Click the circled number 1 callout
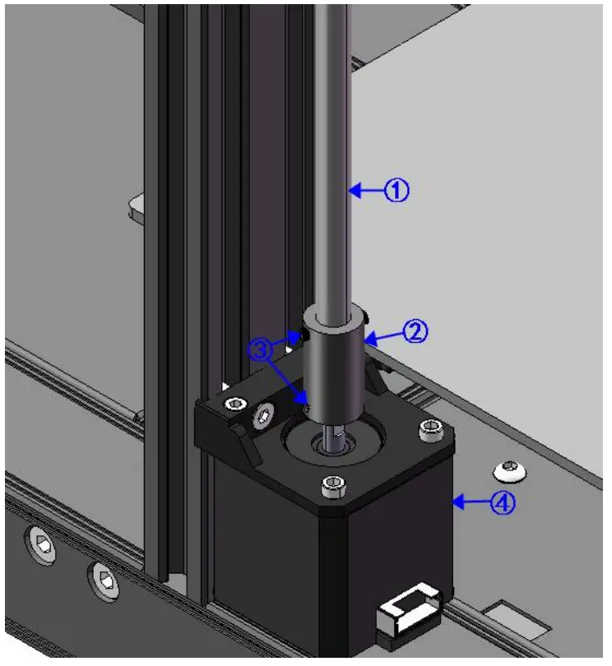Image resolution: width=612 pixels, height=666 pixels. coord(397,191)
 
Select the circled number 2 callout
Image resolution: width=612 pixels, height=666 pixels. coord(416,332)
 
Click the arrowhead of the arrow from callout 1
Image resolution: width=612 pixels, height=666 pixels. coord(352,191)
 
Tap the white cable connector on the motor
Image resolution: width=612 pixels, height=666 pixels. coord(409,612)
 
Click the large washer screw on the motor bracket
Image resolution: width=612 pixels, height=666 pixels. coord(264,415)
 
